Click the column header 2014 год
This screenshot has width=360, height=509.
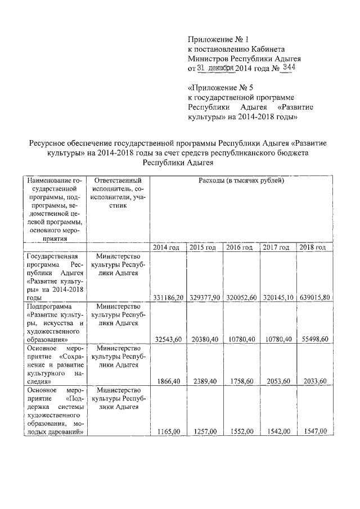point(168,247)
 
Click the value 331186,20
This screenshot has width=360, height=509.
point(168,297)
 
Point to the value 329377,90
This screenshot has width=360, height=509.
point(204,297)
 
